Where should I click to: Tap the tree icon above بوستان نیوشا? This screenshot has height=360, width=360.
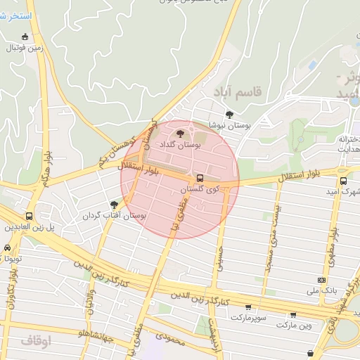click(x=229, y=115)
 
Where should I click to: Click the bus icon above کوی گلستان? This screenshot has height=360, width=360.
click(x=200, y=178)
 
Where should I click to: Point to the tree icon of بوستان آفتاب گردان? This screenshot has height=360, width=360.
click(x=114, y=205)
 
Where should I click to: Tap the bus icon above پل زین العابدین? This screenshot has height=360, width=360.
click(x=29, y=216)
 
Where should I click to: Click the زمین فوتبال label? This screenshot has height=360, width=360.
click(x=25, y=49)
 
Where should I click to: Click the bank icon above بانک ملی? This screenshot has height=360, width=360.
click(x=321, y=281)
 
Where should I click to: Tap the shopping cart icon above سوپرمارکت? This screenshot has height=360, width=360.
click(x=248, y=307)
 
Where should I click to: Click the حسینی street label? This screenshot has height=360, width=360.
click(x=219, y=259)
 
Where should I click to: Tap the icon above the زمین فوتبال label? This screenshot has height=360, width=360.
click(x=25, y=37)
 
